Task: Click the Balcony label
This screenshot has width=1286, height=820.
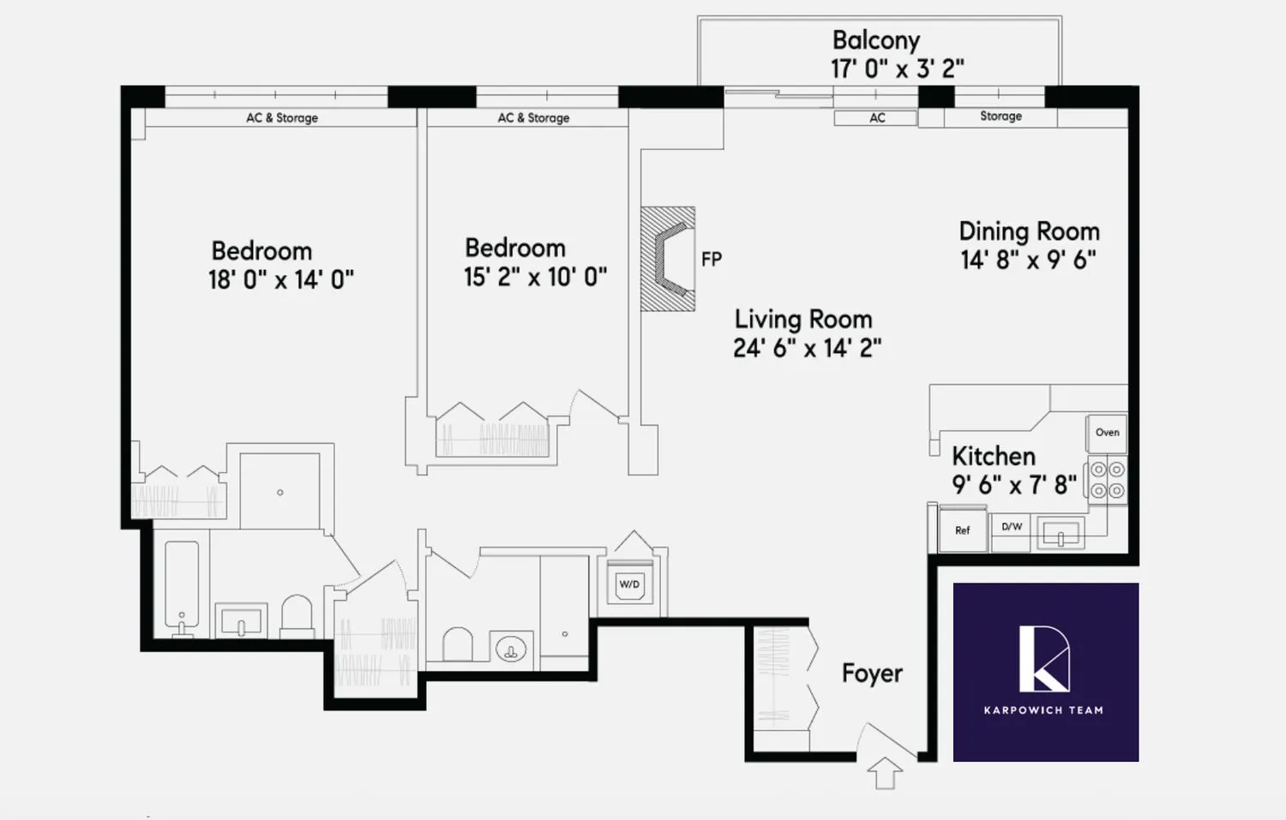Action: click(x=875, y=40)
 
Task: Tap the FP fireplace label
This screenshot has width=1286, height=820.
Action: click(x=712, y=259)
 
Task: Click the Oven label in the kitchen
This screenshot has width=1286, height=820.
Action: click(x=1107, y=433)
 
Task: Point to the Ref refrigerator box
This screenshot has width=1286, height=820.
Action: click(x=962, y=530)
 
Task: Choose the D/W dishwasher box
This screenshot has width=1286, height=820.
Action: click(x=1012, y=527)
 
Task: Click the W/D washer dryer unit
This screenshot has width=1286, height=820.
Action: click(x=629, y=584)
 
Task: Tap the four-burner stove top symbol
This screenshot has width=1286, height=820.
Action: click(x=1107, y=480)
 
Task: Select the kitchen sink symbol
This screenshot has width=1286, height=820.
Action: click(x=1061, y=533)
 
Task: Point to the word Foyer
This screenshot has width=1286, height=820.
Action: click(x=872, y=673)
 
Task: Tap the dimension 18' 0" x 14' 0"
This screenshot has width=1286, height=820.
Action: click(x=280, y=280)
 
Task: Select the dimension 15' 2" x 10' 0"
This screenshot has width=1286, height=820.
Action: click(x=535, y=277)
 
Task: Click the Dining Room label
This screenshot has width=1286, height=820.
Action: click(x=1029, y=231)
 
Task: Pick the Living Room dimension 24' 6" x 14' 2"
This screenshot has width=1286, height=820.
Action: click(x=807, y=348)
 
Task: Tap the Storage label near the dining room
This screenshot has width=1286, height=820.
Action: click(x=1001, y=116)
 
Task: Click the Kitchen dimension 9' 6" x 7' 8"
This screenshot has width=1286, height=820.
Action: click(x=1013, y=485)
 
